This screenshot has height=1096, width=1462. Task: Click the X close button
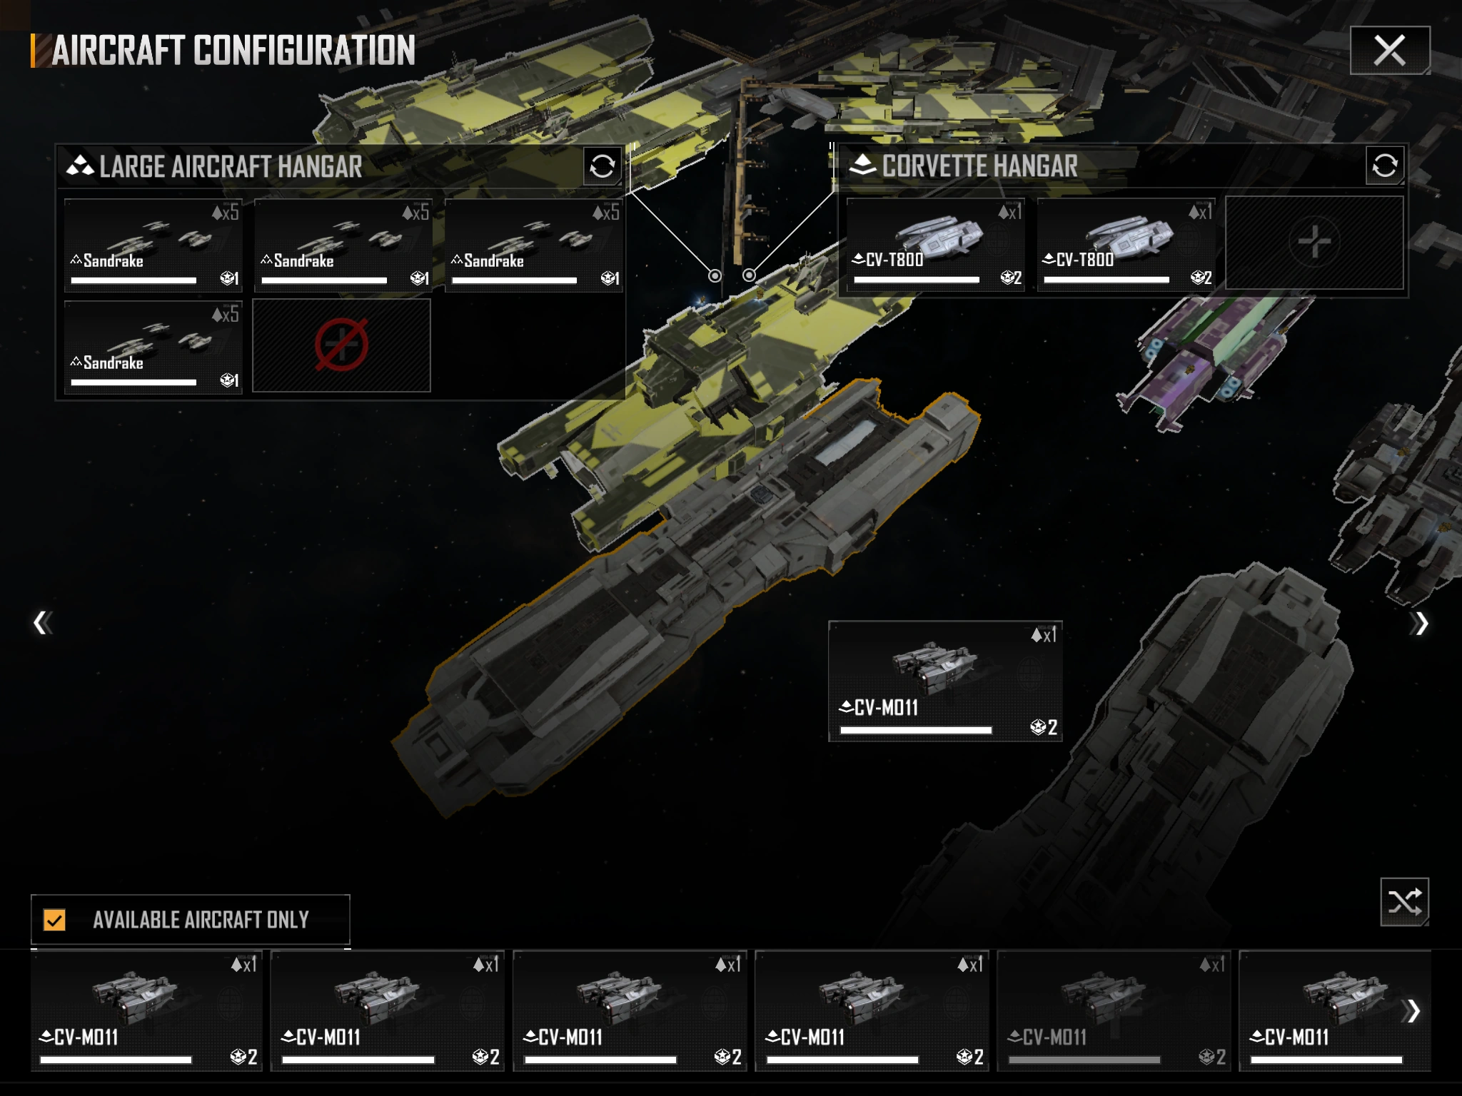(x=1389, y=50)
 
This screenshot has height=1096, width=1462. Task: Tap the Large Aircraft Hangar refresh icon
(x=602, y=166)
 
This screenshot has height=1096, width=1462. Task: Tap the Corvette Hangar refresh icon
(x=1384, y=166)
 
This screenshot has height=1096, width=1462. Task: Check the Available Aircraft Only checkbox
(x=54, y=920)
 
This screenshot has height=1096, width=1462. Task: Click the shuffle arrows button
(x=1404, y=902)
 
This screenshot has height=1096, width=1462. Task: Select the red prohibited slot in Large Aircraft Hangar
(x=341, y=345)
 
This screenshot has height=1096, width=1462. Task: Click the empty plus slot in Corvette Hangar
(x=1314, y=243)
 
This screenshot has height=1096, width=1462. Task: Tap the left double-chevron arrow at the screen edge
(x=42, y=623)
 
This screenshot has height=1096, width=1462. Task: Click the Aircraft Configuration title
(x=233, y=51)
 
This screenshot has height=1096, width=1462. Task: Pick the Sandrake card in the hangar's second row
(x=153, y=346)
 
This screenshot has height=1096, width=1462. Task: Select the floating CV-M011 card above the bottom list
(x=944, y=681)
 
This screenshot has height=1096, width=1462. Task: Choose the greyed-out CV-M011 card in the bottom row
(x=1113, y=1010)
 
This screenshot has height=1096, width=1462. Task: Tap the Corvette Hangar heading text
(x=979, y=166)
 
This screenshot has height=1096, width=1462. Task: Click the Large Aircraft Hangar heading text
(x=230, y=167)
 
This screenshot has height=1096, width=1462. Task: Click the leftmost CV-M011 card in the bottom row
(x=146, y=1010)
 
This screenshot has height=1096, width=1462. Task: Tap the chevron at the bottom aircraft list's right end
(x=1411, y=1010)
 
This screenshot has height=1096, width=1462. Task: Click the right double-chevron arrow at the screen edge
(x=1420, y=623)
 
